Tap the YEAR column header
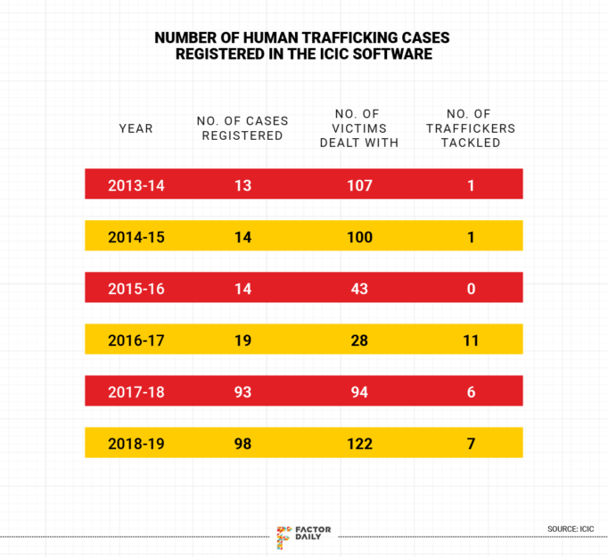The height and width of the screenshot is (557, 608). click(136, 128)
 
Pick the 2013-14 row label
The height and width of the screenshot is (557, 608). click(136, 186)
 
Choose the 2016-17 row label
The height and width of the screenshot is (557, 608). click(136, 340)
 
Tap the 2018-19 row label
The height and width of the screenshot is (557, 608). click(136, 444)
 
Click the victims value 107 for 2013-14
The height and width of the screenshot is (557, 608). click(360, 186)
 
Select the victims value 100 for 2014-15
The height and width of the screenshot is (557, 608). click(360, 238)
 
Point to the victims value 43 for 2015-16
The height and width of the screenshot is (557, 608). click(360, 290)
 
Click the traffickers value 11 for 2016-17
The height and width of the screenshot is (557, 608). click(472, 340)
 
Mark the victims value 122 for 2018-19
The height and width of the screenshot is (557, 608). click(360, 444)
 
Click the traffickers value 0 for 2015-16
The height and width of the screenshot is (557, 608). click(472, 290)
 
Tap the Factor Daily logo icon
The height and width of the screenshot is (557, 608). click(284, 536)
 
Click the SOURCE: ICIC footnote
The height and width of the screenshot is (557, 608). click(570, 529)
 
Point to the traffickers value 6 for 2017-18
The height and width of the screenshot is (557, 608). click(472, 392)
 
